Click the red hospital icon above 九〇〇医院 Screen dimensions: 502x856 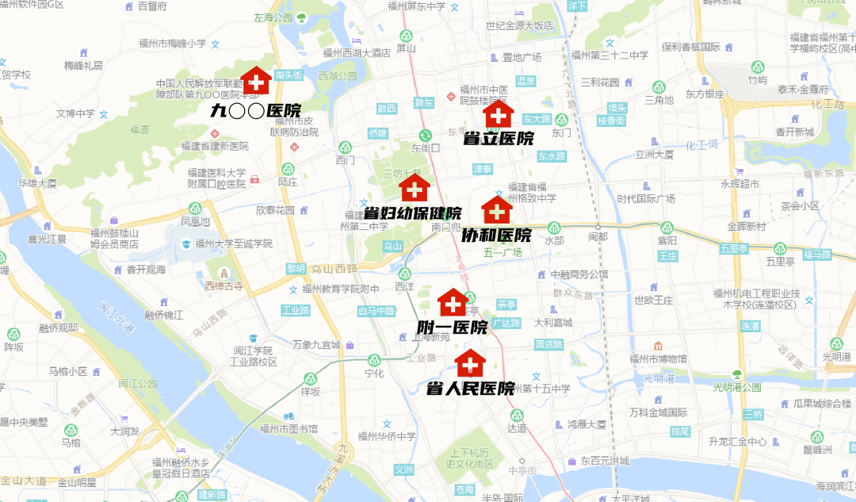(255, 81)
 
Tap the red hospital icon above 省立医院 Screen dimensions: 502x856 (499, 115)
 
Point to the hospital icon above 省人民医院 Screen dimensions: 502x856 (470, 364)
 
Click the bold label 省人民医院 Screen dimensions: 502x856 (471, 389)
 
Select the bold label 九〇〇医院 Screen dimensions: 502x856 (256, 110)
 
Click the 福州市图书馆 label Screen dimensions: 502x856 (291, 429)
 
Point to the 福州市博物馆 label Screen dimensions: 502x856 (658, 358)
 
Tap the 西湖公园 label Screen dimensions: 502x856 (337, 76)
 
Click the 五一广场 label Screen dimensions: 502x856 (503, 252)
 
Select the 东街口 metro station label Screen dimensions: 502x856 (426, 148)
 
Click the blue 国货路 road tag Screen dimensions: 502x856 (548, 344)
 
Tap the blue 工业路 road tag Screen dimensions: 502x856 (293, 310)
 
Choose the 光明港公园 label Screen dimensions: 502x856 (736, 387)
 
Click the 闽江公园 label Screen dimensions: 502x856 (138, 384)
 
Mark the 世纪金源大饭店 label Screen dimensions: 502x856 (520, 25)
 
